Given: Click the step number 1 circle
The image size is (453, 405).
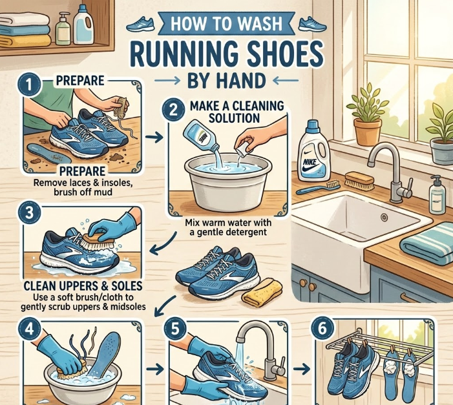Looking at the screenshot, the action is [29, 85].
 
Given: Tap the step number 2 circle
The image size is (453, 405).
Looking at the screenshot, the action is [173, 110].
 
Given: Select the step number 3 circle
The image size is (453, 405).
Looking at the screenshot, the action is [29, 213].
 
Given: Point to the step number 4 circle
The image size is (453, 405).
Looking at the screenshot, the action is [29, 329].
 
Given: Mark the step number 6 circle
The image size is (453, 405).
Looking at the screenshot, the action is [322, 329].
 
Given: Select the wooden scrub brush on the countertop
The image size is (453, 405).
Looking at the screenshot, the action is [359, 181].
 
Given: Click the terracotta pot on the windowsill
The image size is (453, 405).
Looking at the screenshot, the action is [368, 131].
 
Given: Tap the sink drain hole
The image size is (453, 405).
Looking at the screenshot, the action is [384, 217].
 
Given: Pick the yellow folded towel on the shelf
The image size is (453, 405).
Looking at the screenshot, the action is [25, 41].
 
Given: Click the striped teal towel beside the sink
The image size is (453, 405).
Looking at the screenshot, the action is [427, 244].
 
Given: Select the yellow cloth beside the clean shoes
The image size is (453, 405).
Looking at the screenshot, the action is [262, 293].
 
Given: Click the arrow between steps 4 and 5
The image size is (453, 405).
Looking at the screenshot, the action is [155, 369].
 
